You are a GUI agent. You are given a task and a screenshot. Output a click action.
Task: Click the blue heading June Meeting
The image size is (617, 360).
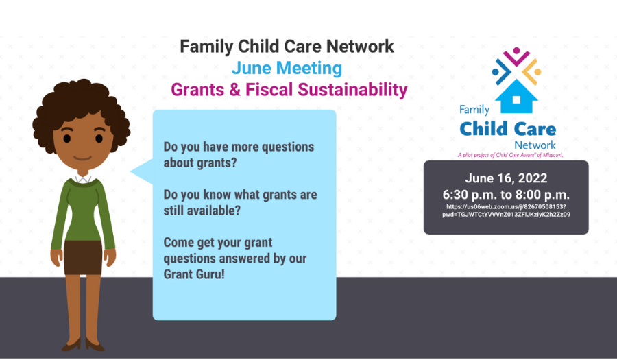(x=287, y=68)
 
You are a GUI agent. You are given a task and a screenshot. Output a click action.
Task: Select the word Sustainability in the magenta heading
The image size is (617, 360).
(x=352, y=90)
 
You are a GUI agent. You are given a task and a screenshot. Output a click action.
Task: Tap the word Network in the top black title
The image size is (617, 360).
(x=360, y=47)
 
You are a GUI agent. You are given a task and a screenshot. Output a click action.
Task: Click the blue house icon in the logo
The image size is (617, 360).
(x=516, y=97)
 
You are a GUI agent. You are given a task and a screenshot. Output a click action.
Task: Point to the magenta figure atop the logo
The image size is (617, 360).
(x=516, y=56)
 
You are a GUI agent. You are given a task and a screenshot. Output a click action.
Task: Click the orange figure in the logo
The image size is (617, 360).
(x=532, y=71)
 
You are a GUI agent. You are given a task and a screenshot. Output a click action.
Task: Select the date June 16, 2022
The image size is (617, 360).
(x=506, y=178)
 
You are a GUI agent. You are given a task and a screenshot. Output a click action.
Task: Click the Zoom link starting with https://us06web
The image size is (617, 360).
(x=506, y=211)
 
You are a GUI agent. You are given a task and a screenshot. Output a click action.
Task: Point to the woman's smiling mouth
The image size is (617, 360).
(x=83, y=158)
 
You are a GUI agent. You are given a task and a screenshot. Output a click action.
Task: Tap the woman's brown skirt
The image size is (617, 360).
(x=83, y=257)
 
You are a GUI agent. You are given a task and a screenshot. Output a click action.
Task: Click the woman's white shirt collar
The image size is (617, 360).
(x=83, y=179)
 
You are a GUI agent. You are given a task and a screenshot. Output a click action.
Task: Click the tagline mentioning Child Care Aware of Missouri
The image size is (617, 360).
(x=510, y=155)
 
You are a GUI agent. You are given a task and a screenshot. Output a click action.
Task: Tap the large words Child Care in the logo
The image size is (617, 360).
(x=507, y=129)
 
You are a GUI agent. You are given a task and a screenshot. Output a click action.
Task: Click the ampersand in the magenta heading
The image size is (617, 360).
(x=234, y=90)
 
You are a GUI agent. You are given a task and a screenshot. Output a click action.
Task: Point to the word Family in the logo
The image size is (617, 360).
(x=474, y=110)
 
